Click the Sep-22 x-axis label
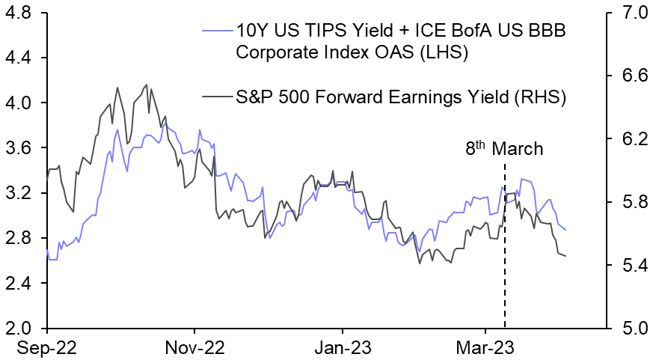tap(47, 347)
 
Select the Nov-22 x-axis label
tap(194, 347)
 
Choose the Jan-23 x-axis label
tap(343, 347)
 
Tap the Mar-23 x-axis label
tap(484, 347)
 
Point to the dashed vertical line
tap(505, 247)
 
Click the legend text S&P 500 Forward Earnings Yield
tap(400, 97)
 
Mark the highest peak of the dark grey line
tap(147, 85)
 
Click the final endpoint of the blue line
tap(565, 230)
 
